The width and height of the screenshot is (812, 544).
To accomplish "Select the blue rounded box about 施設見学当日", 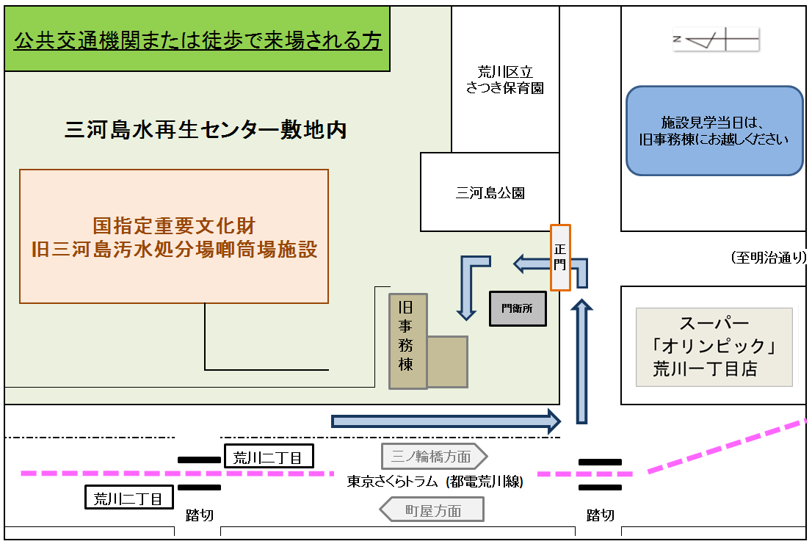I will pyautogui.click(x=714, y=131).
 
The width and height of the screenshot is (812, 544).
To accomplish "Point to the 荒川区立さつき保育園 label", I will pyautogui.click(x=505, y=80).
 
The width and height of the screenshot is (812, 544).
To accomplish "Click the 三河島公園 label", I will pyautogui.click(x=490, y=194).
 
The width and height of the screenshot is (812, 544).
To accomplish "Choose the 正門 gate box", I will pyautogui.click(x=560, y=258).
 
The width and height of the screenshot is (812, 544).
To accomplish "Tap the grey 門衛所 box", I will pyautogui.click(x=518, y=308).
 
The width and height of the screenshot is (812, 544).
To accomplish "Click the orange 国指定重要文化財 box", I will pyautogui.click(x=174, y=236).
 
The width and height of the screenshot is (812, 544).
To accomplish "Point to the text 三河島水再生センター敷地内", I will pyautogui.click(x=206, y=131).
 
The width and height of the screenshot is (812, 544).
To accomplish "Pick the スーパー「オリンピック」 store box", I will pyautogui.click(x=714, y=347).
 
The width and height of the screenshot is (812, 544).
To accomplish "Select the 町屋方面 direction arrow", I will pyautogui.click(x=432, y=509).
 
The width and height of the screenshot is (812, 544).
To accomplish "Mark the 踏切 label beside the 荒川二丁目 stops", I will pyautogui.click(x=199, y=515).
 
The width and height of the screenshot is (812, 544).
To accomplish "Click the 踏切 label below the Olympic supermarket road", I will pyautogui.click(x=600, y=515).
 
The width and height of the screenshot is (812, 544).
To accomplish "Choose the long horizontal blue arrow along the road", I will pyautogui.click(x=446, y=421).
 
